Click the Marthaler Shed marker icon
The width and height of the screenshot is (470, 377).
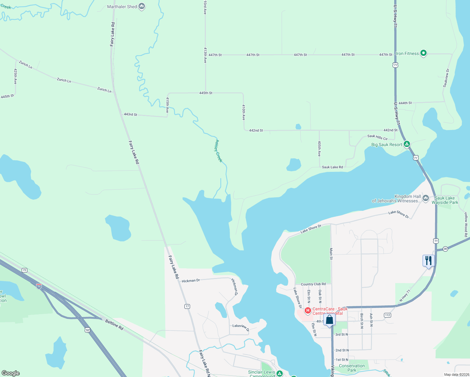[142, 6]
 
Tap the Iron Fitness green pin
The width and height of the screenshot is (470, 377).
[423, 53]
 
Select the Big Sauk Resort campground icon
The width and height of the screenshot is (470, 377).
[407, 144]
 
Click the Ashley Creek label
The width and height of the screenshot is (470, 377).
[218, 151]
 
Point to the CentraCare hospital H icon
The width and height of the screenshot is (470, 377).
[308, 311]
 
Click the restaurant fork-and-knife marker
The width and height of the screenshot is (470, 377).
[428, 260]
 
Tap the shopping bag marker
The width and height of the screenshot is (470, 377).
[329, 320]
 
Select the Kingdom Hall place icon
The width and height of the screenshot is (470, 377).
[426, 198]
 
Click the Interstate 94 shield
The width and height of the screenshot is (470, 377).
[39, 287]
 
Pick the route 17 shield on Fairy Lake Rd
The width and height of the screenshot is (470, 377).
[187, 306]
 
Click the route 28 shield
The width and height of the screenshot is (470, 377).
[445, 249]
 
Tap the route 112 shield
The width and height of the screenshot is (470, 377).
[387, 315]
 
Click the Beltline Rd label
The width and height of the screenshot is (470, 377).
[114, 325]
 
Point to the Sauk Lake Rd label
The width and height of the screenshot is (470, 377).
[332, 167]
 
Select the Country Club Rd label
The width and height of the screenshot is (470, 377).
[313, 284]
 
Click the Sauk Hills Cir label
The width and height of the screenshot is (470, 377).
[377, 137]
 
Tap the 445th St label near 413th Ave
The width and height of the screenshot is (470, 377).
[206, 93]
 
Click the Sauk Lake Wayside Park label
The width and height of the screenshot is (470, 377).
[445, 200]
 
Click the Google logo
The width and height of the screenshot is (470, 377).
[11, 373]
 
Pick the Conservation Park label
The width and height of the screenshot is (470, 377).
[352, 368]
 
